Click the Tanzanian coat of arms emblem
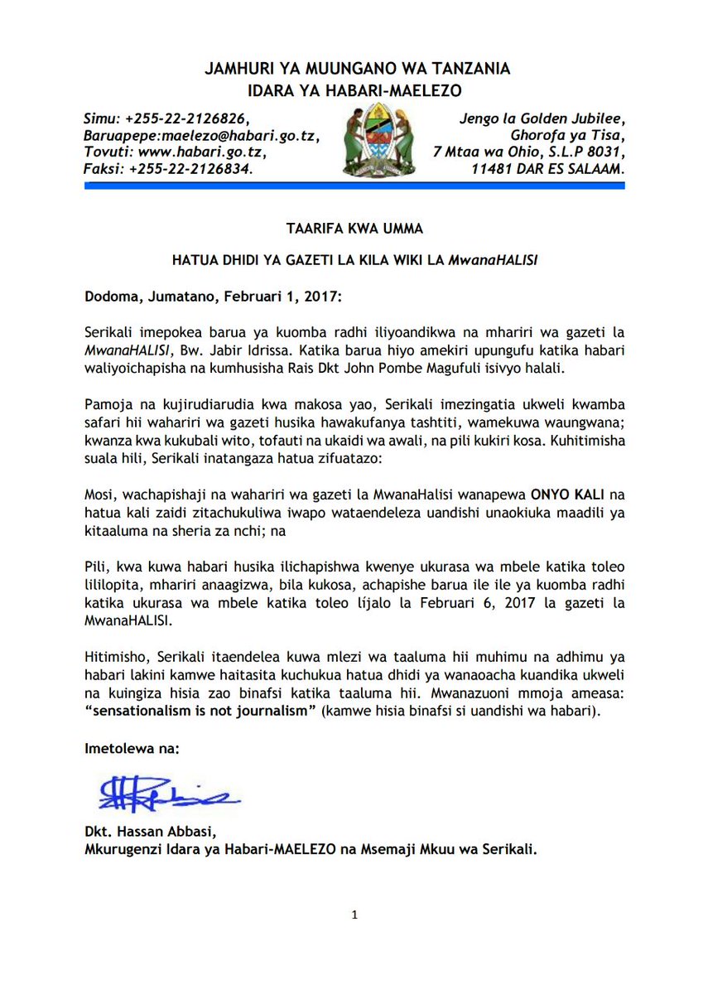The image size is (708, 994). (380, 140)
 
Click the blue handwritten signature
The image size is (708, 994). (169, 794)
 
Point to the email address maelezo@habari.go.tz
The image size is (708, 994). (235, 135)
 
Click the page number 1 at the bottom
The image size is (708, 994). (354, 915)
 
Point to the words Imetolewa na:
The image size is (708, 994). (132, 749)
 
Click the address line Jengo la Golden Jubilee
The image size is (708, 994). (542, 118)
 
